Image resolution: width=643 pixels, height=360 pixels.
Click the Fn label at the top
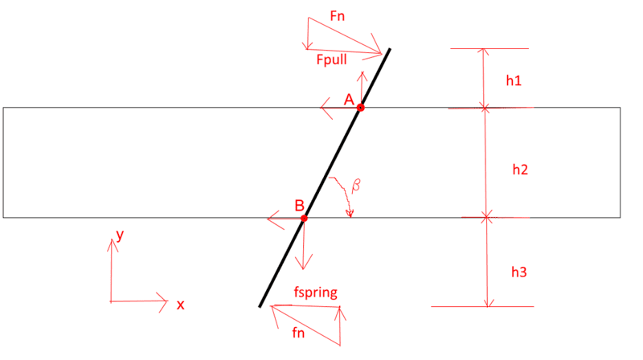pyautogui.click(x=337, y=16)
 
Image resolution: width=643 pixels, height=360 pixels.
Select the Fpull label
pyautogui.click(x=331, y=59)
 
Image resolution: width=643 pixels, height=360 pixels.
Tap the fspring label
pyautogui.click(x=316, y=292)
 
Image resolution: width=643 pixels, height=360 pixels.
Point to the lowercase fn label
pyautogui.click(x=298, y=333)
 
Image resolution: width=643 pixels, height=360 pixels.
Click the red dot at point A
pyautogui.click(x=360, y=108)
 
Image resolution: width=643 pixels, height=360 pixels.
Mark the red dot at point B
pyautogui.click(x=304, y=219)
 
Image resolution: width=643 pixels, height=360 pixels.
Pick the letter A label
pyautogui.click(x=349, y=99)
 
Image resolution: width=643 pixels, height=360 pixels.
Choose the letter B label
pyautogui.click(x=299, y=206)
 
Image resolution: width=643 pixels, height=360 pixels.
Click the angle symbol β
pyautogui.click(x=356, y=185)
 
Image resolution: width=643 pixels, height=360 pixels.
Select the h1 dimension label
pyautogui.click(x=514, y=81)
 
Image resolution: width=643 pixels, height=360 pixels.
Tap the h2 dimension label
pyautogui.click(x=520, y=170)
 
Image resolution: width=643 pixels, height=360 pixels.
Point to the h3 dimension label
pyautogui.click(x=518, y=272)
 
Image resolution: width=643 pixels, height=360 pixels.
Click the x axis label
pyautogui.click(x=180, y=305)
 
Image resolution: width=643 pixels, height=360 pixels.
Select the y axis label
pyautogui.click(x=120, y=235)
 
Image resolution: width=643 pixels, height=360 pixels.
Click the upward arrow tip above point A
pyautogui.click(x=362, y=72)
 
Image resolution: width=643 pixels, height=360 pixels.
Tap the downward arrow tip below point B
pyautogui.click(x=303, y=269)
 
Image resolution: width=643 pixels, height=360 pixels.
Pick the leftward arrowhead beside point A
pyautogui.click(x=321, y=108)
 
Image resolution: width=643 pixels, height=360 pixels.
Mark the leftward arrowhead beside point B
pyautogui.click(x=268, y=219)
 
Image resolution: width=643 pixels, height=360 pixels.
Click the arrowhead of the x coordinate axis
pyautogui.click(x=167, y=301)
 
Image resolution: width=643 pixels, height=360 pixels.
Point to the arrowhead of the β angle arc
pyautogui.click(x=350, y=216)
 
